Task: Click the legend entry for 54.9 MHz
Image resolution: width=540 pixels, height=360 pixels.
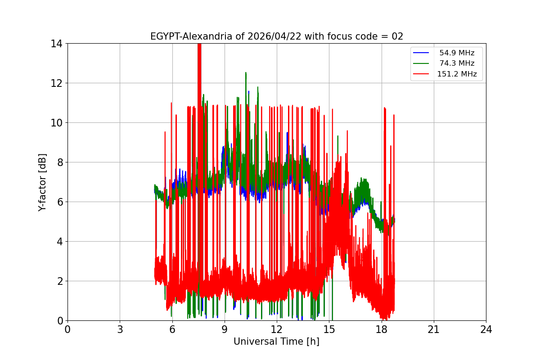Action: point(457,53)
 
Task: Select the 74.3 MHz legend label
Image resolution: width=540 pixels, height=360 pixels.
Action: point(457,63)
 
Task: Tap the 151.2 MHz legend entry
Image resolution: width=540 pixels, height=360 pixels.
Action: point(457,74)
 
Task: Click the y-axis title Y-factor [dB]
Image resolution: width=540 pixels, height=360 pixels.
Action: point(42,182)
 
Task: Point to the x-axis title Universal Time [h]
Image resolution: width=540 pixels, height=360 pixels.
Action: point(276,342)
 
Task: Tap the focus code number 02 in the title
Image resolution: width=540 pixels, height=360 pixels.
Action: point(397,36)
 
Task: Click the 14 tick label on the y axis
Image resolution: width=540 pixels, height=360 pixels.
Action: point(56,44)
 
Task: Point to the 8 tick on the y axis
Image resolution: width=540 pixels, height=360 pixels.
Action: point(59,162)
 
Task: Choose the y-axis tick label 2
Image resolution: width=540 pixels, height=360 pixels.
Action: point(59,281)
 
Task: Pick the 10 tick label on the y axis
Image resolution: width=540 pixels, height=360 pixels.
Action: point(56,123)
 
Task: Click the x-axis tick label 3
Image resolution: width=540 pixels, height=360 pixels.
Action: point(120,329)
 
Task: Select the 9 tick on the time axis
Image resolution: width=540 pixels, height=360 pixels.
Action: point(225,329)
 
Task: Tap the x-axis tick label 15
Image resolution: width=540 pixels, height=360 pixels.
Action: point(329,329)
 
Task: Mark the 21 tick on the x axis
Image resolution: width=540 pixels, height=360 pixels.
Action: point(434,329)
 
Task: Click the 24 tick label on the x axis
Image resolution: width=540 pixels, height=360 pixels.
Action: point(486,329)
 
